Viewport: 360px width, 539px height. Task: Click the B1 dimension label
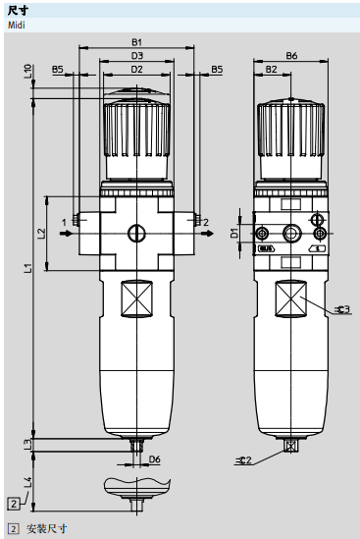[x=136, y=42]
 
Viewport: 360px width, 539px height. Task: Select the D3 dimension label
[x=136, y=55]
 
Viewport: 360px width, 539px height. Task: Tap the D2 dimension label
[x=136, y=69]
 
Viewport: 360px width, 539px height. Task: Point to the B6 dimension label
[x=291, y=55]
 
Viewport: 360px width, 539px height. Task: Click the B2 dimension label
[x=271, y=69]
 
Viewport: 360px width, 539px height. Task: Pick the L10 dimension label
[x=27, y=71]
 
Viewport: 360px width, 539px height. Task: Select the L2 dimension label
[x=41, y=234]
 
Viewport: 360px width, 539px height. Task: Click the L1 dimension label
[x=27, y=268]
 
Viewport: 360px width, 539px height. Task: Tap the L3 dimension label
[x=27, y=445]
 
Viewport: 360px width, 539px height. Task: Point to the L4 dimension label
[x=27, y=482]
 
